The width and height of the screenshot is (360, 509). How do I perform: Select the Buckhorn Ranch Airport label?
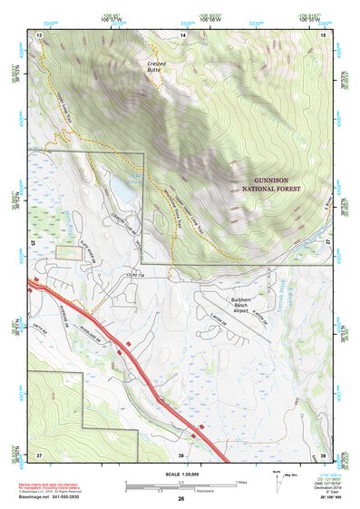[245, 304]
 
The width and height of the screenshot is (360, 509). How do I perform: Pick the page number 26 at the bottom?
[180, 499]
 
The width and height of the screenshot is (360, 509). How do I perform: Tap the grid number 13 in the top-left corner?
[39, 34]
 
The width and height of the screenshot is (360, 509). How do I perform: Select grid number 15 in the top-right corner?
[324, 34]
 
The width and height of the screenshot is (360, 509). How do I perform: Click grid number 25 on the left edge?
[33, 243]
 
